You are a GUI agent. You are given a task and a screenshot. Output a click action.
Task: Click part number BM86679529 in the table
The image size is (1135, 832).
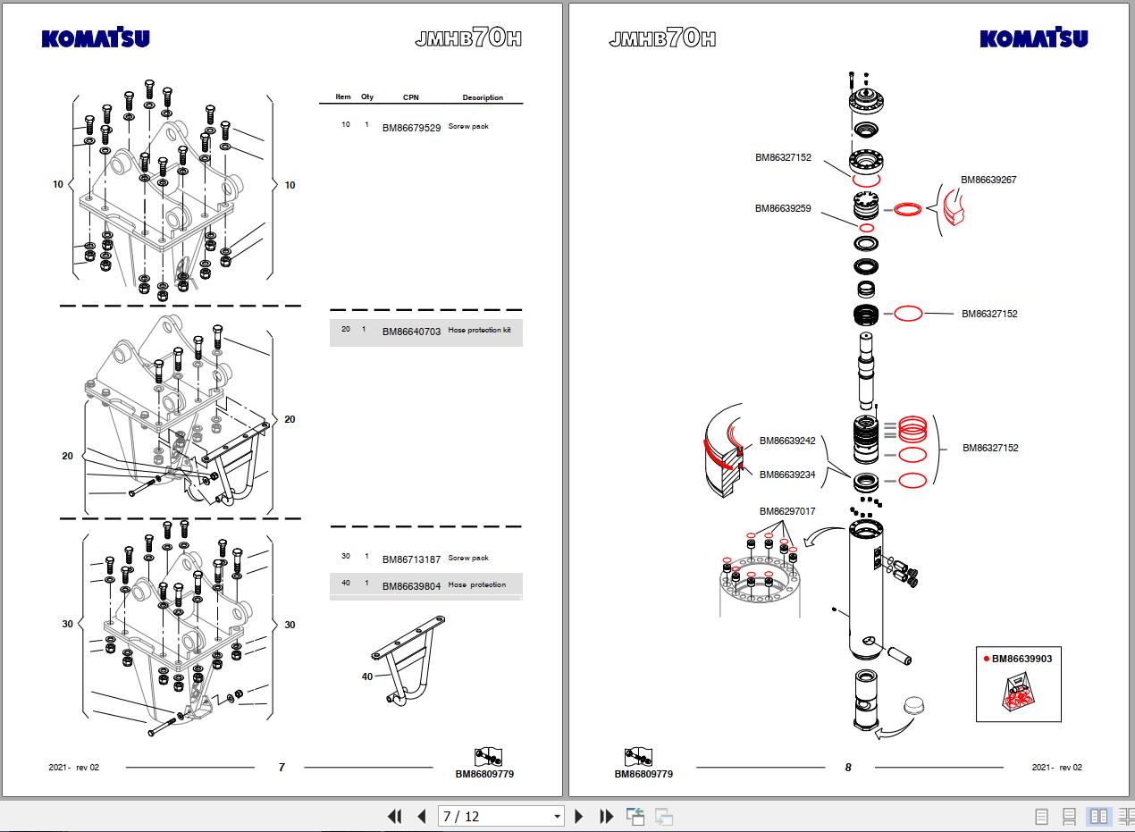point(411,128)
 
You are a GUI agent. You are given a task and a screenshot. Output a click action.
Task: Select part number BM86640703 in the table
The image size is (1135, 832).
point(411,332)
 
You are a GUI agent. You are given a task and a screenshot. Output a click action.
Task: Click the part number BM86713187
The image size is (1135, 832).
point(411,559)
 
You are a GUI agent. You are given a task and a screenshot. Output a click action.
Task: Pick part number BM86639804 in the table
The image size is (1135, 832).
point(411,586)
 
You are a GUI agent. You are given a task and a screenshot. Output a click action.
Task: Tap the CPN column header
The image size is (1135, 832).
point(410,97)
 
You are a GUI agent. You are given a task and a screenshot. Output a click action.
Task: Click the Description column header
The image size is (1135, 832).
point(483,97)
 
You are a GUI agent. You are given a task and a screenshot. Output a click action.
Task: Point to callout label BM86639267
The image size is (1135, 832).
point(988,180)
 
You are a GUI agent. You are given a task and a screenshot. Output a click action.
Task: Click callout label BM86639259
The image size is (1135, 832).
point(783,209)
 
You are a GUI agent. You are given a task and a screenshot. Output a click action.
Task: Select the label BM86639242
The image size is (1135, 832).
point(787,441)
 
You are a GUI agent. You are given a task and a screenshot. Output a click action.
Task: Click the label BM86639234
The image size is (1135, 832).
point(787,475)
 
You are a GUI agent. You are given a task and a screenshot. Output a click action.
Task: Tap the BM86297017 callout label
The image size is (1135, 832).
point(787,512)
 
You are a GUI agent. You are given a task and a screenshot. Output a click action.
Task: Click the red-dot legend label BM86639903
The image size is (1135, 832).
point(1021,659)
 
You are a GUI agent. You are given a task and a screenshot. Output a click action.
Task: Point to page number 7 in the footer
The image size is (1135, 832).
point(282,767)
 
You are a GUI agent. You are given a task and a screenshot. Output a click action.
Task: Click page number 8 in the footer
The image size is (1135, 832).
point(848,767)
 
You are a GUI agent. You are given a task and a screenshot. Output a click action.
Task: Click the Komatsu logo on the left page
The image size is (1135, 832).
point(96,38)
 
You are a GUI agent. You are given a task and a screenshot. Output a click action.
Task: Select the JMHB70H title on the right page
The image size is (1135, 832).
point(662,38)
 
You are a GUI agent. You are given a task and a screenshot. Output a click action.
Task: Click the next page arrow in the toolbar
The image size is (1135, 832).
point(578,816)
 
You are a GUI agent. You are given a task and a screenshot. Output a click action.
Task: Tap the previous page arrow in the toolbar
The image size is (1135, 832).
point(422,816)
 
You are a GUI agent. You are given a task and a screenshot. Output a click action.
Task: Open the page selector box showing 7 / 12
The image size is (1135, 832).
point(500,816)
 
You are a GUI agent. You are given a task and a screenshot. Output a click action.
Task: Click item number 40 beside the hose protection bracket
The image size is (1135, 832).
point(367,677)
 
